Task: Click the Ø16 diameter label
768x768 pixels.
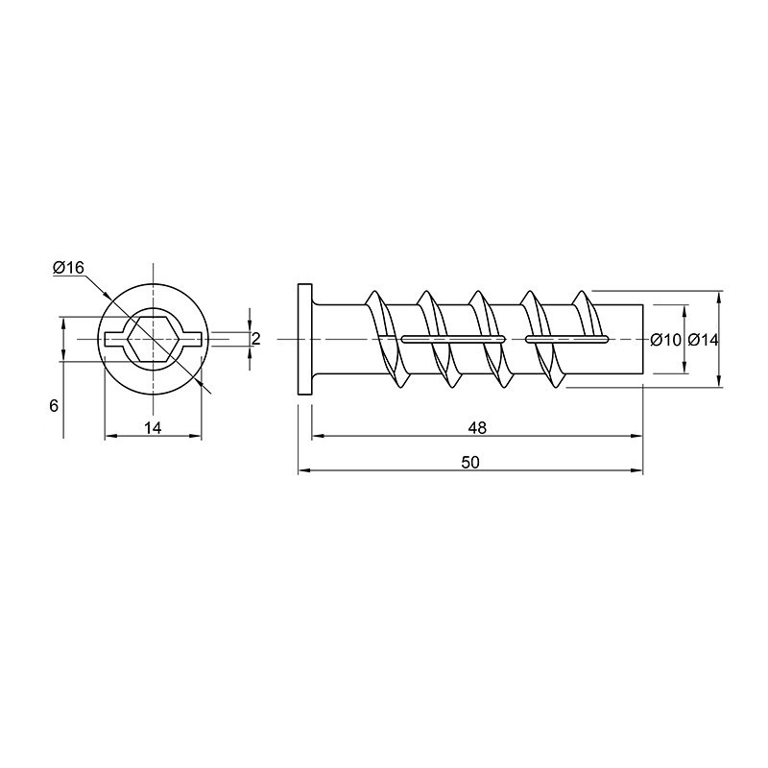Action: tap(68, 268)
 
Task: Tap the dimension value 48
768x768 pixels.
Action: tap(477, 427)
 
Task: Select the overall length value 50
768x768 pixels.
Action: tap(470, 463)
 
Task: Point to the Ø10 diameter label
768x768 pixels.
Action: tap(665, 340)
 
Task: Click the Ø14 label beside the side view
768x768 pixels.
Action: tap(703, 340)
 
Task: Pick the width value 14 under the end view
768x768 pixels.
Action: tap(153, 427)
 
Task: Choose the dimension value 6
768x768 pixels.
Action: tap(54, 405)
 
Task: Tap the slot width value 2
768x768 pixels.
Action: tap(255, 339)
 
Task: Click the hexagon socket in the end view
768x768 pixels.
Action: tap(154, 339)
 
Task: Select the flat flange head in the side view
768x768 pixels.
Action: tap(305, 339)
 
